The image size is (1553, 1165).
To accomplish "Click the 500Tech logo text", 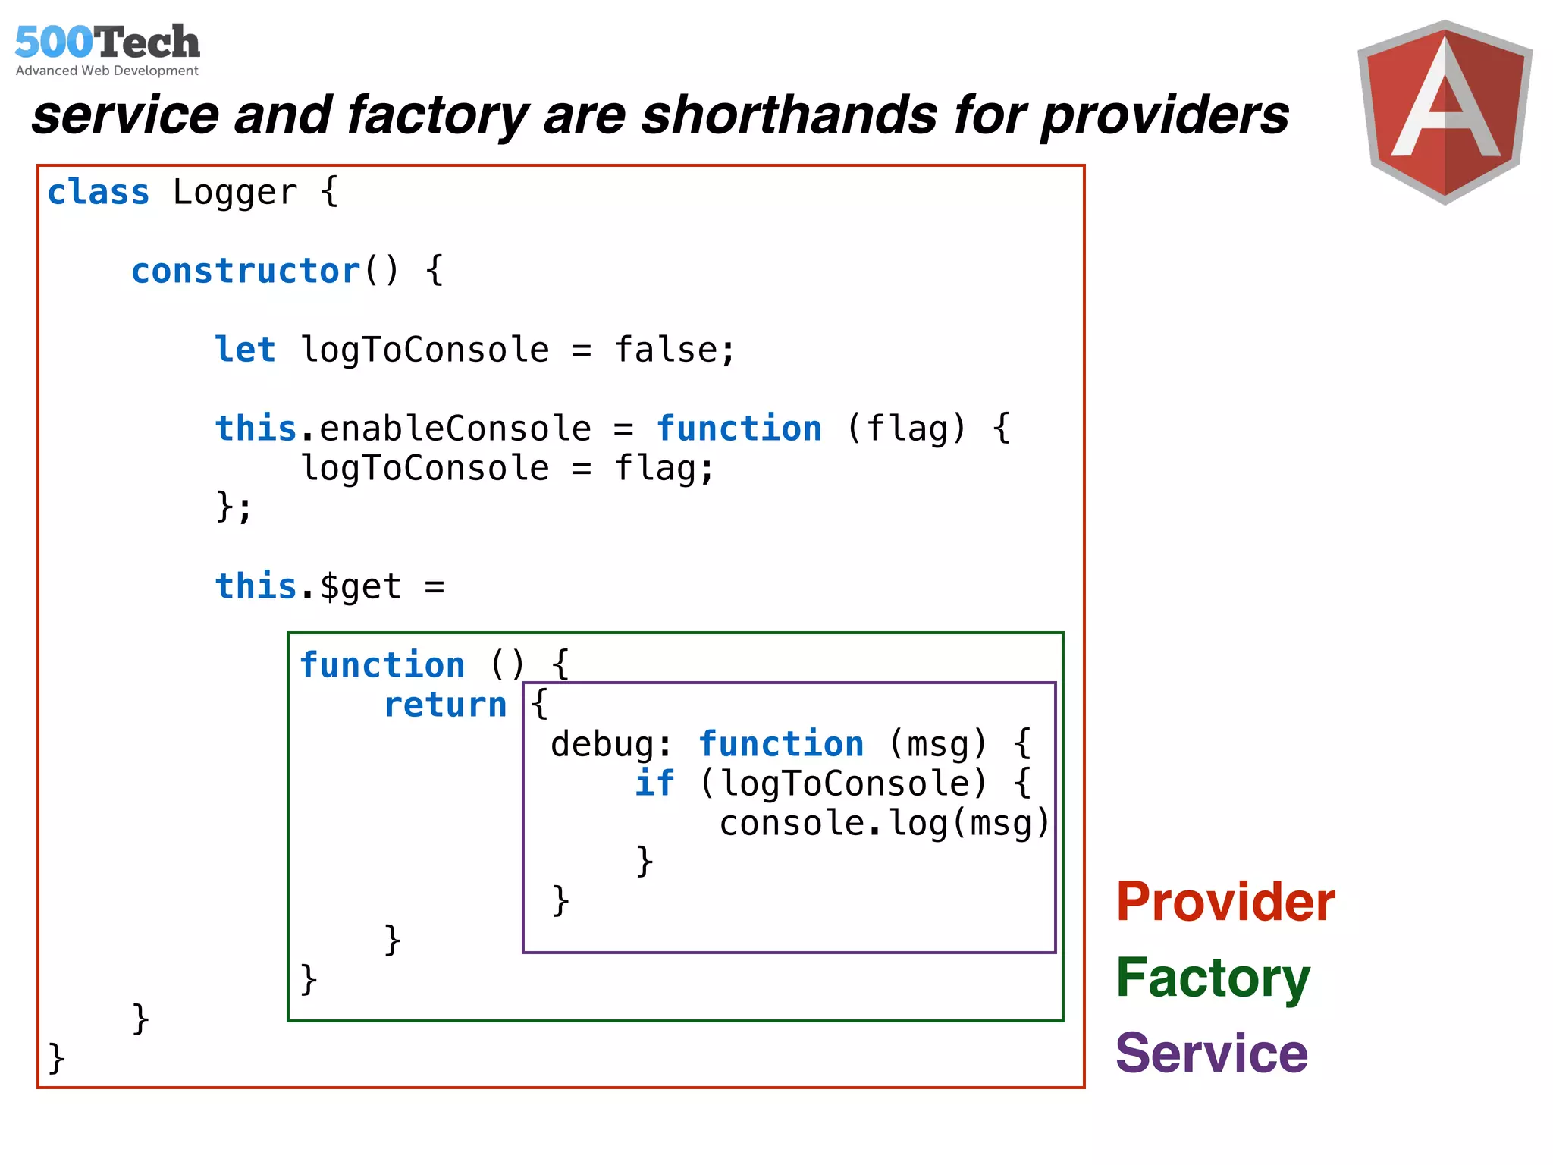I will pos(107,42).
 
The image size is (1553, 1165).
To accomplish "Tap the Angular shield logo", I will pos(1445,112).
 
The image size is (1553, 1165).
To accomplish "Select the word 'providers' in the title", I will pos(1165,115).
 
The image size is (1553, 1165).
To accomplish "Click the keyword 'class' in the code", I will pos(99,192).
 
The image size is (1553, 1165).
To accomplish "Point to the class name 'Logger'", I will pos(234,193).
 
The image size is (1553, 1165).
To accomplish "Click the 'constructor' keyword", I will pos(246,271).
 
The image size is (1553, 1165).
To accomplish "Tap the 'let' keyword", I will pos(245,350).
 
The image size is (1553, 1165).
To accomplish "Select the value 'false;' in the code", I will pos(674,350).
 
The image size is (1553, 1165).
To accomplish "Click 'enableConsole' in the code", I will pos(455,429).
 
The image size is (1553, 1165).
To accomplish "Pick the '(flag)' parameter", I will pos(906,429).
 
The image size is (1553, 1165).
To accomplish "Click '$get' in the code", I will pos(359,586).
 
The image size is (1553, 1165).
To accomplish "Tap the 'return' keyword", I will pos(445,705).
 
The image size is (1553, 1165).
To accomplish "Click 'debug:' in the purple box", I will pos(611,744).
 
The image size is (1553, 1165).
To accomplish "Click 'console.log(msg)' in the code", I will pos(884,823).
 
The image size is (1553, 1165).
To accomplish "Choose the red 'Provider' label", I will pos(1225,902).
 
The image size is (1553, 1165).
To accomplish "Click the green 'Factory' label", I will pos(1213,978).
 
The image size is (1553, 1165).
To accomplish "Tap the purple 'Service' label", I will pos(1212,1054).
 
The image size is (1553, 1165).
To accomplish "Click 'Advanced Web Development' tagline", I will pos(107,71).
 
